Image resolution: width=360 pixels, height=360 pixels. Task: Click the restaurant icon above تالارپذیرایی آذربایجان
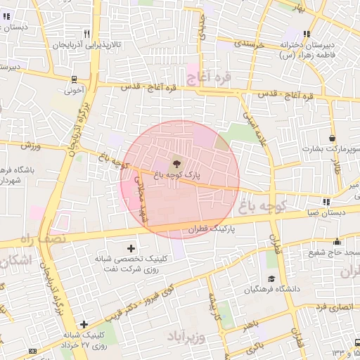pyautogui.click(x=86, y=33)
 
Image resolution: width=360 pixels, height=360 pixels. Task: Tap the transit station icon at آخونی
pyautogui.click(x=75, y=79)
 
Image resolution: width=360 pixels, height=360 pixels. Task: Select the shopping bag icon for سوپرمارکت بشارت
pyautogui.click(x=332, y=138)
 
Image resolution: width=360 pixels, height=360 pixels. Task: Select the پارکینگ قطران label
pyautogui.click(x=209, y=229)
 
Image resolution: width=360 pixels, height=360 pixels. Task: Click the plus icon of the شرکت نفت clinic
pyautogui.click(x=131, y=247)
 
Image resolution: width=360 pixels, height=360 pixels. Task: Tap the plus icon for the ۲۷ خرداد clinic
pyautogui.click(x=84, y=324)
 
